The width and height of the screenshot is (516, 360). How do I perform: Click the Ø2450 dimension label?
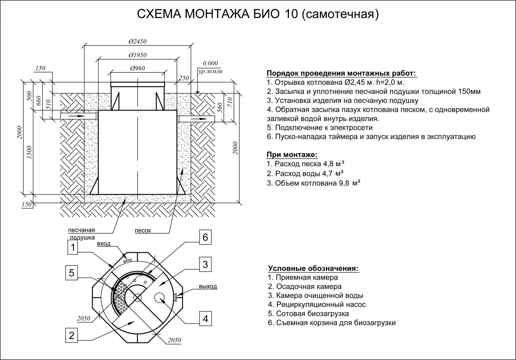[137, 42]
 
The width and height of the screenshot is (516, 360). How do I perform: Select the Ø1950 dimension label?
[137, 55]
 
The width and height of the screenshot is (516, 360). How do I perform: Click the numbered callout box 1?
[73, 248]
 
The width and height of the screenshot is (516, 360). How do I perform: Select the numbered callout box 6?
[205, 238]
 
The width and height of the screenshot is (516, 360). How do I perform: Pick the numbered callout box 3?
[205, 265]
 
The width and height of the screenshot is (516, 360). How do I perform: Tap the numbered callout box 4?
[205, 319]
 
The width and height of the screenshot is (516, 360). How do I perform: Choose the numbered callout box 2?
[72, 335]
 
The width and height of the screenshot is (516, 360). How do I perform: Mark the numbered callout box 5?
[72, 273]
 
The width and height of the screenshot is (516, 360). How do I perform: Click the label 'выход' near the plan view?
[208, 286]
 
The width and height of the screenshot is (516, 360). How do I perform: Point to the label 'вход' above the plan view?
[104, 244]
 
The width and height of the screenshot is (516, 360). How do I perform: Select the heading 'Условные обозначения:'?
[313, 268]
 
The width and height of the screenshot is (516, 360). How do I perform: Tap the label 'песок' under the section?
[143, 231]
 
